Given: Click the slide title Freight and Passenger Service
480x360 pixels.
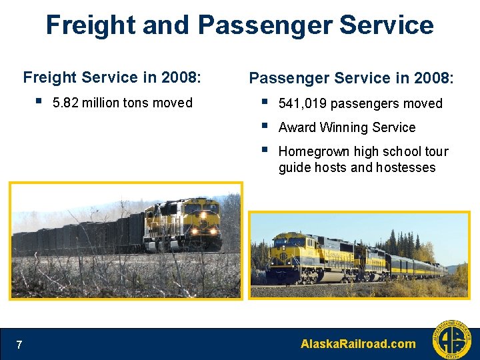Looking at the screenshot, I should [239, 25].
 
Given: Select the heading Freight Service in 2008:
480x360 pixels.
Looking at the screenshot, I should [111, 77].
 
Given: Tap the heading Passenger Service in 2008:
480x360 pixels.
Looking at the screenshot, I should [351, 78].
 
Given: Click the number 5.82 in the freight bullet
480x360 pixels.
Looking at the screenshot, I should [65, 103].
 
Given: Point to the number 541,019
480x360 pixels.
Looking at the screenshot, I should [302, 103].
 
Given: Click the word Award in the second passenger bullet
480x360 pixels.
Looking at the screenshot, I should [297, 127].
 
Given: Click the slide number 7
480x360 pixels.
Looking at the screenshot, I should [19, 345].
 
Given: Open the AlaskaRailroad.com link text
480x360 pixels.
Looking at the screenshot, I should [358, 344].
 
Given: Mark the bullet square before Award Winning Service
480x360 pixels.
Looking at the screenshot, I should [265, 126].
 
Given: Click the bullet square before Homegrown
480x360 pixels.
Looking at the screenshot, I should [265, 150].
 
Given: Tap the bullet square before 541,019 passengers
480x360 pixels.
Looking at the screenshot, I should [265, 102].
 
